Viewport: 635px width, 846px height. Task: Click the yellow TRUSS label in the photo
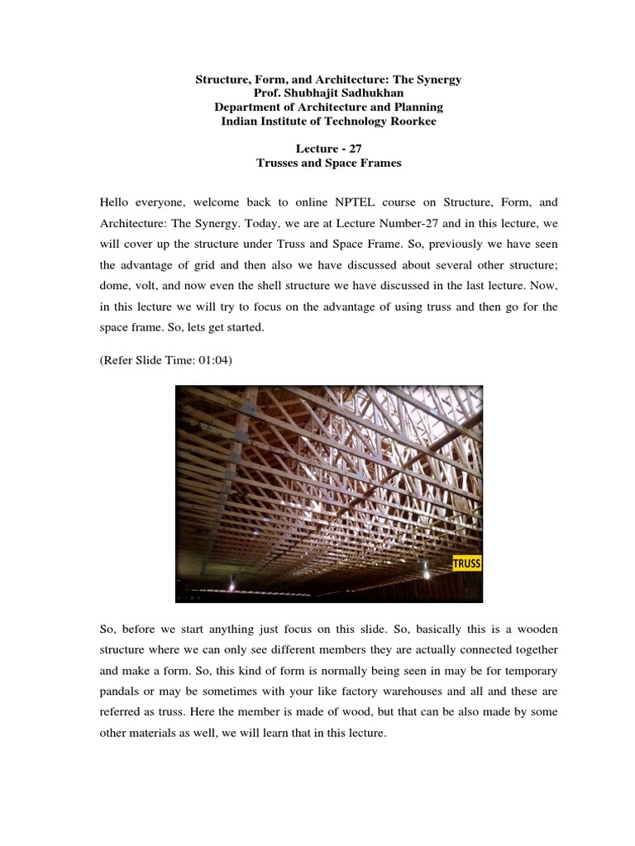(467, 564)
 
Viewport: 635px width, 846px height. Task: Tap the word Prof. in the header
(270, 93)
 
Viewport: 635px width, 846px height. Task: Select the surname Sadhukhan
(370, 93)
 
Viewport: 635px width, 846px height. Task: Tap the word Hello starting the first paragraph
(116, 201)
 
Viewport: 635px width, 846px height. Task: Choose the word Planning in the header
(419, 107)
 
